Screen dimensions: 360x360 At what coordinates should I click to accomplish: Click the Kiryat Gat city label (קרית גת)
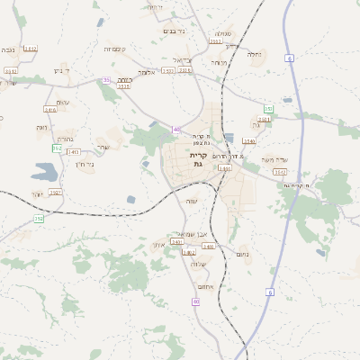(x=199, y=159)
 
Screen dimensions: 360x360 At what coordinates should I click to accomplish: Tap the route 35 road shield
(x=107, y=80)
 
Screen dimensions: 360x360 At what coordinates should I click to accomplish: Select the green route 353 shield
(x=267, y=109)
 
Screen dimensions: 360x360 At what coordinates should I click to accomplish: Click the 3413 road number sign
(x=74, y=152)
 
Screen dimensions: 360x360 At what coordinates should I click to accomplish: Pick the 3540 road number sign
(x=249, y=140)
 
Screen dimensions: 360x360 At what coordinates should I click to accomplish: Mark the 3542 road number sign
(x=280, y=171)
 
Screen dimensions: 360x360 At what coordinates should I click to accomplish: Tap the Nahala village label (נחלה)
(x=255, y=54)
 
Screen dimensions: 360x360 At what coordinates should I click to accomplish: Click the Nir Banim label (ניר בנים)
(x=175, y=31)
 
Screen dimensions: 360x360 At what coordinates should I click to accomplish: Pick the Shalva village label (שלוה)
(x=199, y=264)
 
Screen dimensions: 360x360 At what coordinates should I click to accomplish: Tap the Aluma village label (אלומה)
(x=148, y=72)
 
